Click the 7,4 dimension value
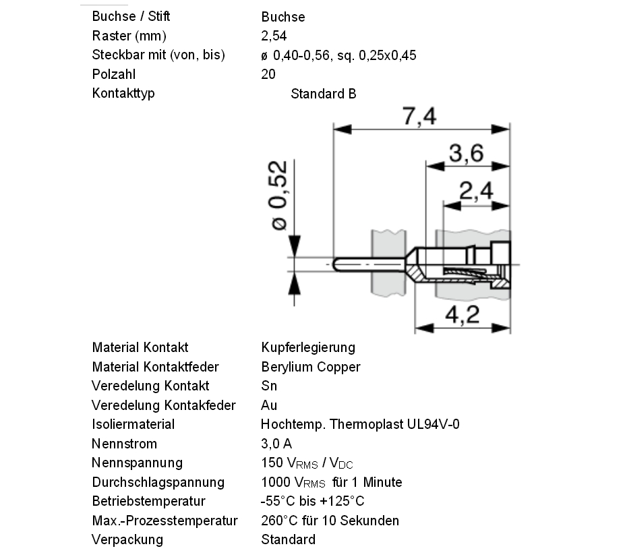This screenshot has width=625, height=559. point(419,117)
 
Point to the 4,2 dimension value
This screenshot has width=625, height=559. point(463,314)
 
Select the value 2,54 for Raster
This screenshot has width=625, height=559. point(274,36)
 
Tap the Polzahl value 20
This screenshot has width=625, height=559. point(268,74)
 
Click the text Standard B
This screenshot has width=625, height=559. point(323,94)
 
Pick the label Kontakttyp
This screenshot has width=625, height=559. point(123,93)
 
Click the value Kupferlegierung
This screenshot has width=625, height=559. point(308,347)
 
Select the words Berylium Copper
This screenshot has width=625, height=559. point(311,367)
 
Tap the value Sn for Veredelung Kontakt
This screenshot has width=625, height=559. point(269,386)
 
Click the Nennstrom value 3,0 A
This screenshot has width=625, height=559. point(276,444)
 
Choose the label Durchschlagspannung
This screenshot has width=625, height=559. point(158,482)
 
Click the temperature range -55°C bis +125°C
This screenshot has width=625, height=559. point(312,501)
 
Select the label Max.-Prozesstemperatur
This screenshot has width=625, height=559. point(165,521)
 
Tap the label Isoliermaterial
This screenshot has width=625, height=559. point(133,424)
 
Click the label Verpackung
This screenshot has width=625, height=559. point(127,539)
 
